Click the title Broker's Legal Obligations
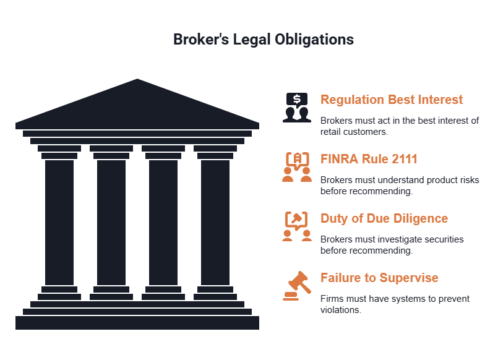(x=264, y=40)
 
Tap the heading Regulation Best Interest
(x=391, y=100)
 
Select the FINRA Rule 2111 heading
(x=369, y=159)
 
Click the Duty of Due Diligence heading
(x=384, y=219)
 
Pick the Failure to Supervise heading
(x=379, y=278)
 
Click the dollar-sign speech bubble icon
(x=297, y=107)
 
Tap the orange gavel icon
(x=297, y=286)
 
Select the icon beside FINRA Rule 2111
(x=297, y=167)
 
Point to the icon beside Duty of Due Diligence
(x=297, y=226)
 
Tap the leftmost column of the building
(x=59, y=223)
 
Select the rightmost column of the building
(x=215, y=223)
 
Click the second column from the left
(x=111, y=223)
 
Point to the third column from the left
(x=163, y=223)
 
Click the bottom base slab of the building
(x=137, y=323)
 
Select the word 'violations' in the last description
(x=341, y=310)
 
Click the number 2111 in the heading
(x=405, y=159)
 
